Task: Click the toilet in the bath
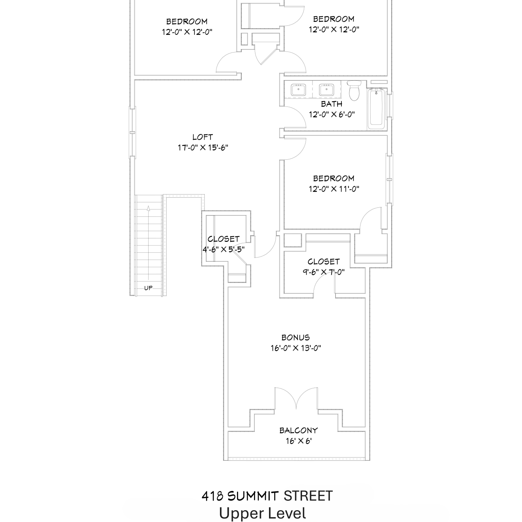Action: (355, 90)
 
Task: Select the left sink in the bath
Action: (298, 90)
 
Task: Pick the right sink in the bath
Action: (327, 90)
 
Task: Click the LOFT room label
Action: (203, 137)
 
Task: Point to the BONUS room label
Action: (295, 338)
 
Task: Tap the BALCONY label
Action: (299, 430)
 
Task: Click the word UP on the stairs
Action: (148, 288)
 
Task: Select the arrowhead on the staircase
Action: (149, 208)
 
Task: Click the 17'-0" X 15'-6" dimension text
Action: (203, 148)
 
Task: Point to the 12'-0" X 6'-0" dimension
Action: (332, 114)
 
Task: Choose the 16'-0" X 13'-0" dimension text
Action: (296, 348)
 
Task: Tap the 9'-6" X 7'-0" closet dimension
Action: (324, 272)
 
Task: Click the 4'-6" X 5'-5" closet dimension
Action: (224, 250)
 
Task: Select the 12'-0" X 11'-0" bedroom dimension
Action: (334, 189)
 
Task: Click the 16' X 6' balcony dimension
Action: (299, 441)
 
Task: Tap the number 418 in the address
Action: (212, 496)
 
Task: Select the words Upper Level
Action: (263, 514)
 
